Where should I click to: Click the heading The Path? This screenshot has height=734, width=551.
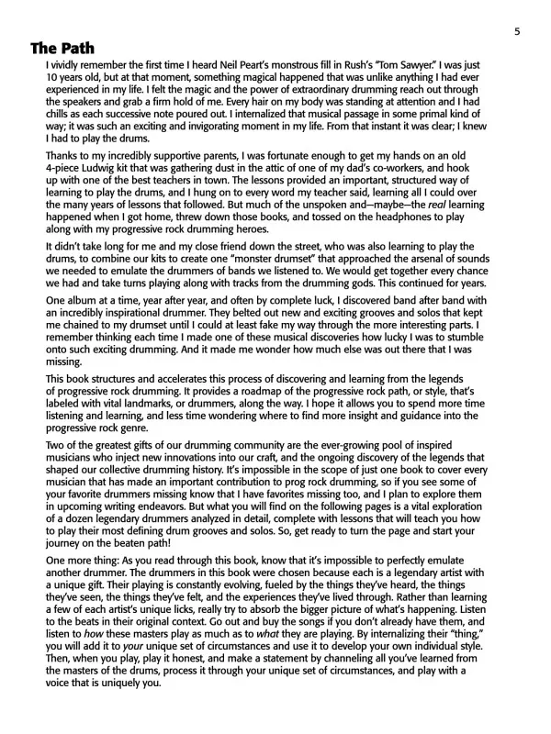click(62, 49)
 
